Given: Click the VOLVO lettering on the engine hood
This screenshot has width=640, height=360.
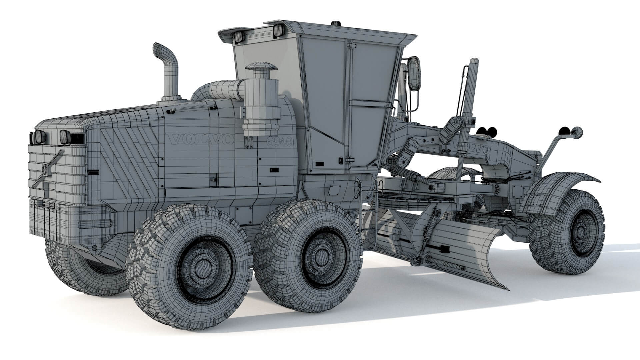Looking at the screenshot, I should pyautogui.click(x=200, y=139).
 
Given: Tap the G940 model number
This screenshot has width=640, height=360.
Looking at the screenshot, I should pyautogui.click(x=279, y=142).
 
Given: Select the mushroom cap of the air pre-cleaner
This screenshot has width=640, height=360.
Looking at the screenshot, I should pyautogui.click(x=261, y=66).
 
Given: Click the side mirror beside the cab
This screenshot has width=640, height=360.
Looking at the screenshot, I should pyautogui.click(x=414, y=74).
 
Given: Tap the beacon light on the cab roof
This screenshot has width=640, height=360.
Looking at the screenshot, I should pyautogui.click(x=335, y=24).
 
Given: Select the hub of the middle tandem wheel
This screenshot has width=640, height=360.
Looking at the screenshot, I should pyautogui.click(x=321, y=255).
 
